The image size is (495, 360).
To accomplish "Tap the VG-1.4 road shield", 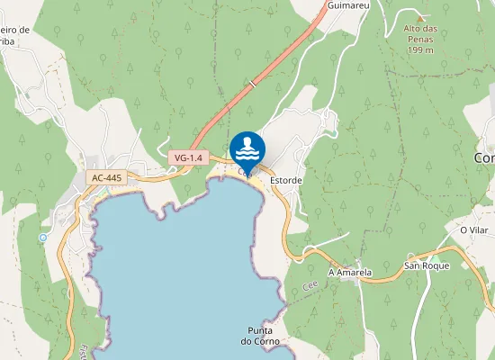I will [x=188, y=157].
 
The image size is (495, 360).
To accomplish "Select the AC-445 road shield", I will [x=106, y=178].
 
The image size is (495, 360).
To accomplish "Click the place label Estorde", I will [x=285, y=180].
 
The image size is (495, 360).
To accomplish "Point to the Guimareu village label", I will [x=350, y=5].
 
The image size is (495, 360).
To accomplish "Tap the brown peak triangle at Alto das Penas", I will [x=420, y=17].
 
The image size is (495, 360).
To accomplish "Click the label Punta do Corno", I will [x=261, y=334].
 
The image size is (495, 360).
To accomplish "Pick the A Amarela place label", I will [x=350, y=271].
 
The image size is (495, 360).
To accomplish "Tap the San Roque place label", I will [x=425, y=265].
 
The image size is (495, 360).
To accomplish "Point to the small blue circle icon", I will [x=42, y=238].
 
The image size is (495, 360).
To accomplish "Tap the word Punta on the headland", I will [x=261, y=328].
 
